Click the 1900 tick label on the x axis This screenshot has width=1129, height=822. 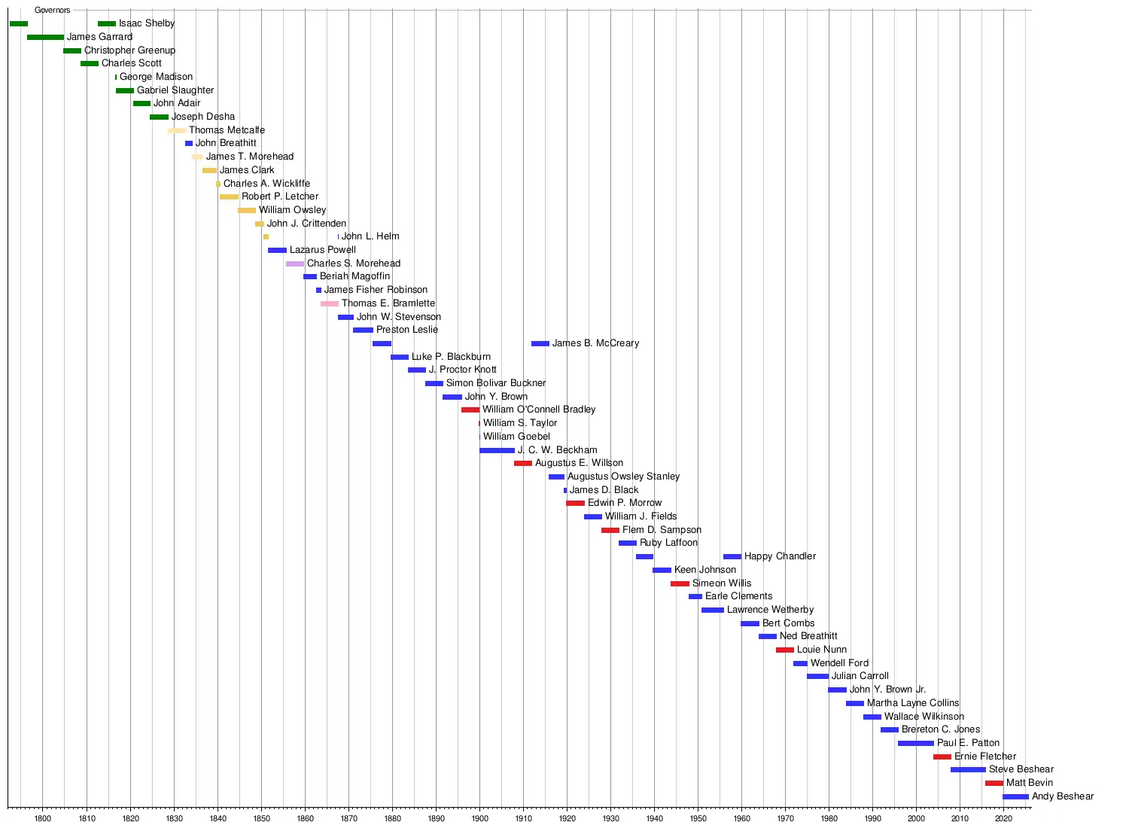tap(480, 817)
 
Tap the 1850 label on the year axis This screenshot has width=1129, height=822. tap(261, 817)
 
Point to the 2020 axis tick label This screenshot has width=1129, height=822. tap(1003, 817)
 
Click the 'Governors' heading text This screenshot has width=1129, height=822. tap(53, 11)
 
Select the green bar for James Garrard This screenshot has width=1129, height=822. tap(45, 37)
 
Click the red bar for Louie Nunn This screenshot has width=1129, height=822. tap(785, 650)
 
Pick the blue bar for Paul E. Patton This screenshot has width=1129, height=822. tap(916, 743)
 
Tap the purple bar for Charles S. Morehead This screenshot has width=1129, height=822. tap(295, 263)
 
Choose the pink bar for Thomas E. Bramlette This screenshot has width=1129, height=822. tap(330, 303)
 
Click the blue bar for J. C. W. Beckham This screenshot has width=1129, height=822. tap(497, 450)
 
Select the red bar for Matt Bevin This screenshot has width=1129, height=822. tap(994, 783)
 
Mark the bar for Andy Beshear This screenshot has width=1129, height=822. tap(1015, 796)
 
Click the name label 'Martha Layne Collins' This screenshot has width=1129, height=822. tap(913, 703)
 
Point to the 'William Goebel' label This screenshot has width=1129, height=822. tap(516, 437)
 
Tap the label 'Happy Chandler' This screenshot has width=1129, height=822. tap(780, 556)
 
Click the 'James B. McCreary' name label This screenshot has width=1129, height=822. tap(595, 343)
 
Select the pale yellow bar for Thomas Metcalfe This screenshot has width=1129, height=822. tap(177, 130)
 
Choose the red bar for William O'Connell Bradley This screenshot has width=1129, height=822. tap(470, 409)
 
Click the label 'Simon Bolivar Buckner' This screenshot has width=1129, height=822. tap(496, 383)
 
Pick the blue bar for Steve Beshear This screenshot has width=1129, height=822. tap(968, 769)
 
